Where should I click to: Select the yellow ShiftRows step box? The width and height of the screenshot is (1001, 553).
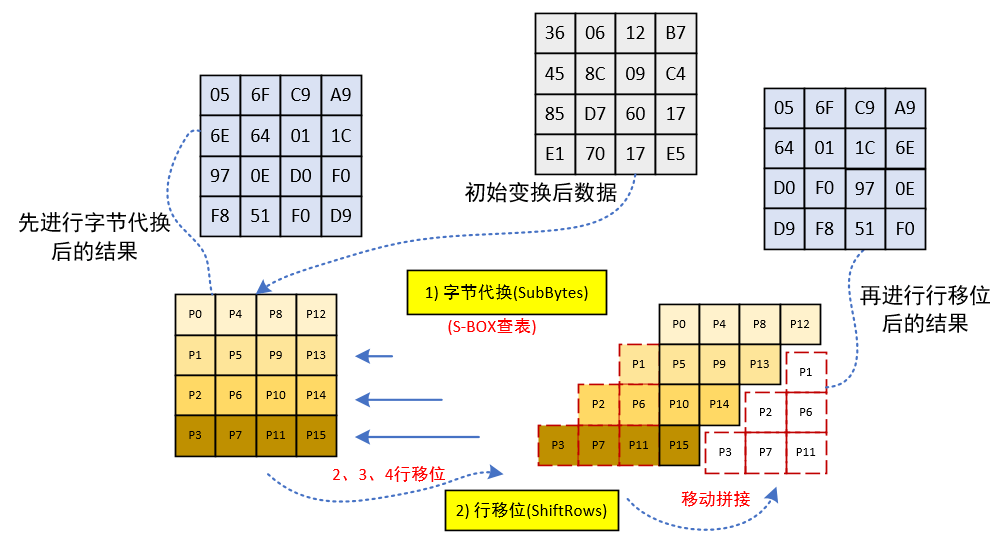coord(531,510)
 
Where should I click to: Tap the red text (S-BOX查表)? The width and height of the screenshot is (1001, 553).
coord(492,327)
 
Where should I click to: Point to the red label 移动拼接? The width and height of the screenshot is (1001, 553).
coord(716,498)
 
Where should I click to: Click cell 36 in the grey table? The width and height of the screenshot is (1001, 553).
coord(555,33)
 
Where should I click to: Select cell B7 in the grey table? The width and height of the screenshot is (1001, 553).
coord(675,33)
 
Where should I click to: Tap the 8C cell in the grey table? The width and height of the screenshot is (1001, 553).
coord(595,73)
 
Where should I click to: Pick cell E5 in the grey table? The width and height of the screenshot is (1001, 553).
coord(675,154)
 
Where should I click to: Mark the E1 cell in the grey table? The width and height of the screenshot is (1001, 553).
coord(555,154)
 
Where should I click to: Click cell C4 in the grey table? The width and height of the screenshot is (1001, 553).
coord(675,73)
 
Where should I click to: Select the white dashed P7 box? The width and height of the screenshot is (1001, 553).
coord(765,452)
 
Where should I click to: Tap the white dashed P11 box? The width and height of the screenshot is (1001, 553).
coord(805,452)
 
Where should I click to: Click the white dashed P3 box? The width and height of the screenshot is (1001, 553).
coord(725,452)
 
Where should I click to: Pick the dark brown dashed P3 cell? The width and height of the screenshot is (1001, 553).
coord(558,445)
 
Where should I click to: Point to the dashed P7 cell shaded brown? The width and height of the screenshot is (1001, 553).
coord(598,445)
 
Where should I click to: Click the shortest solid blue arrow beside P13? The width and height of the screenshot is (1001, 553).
coord(376,355)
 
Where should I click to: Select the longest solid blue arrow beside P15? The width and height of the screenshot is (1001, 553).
coord(419,436)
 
